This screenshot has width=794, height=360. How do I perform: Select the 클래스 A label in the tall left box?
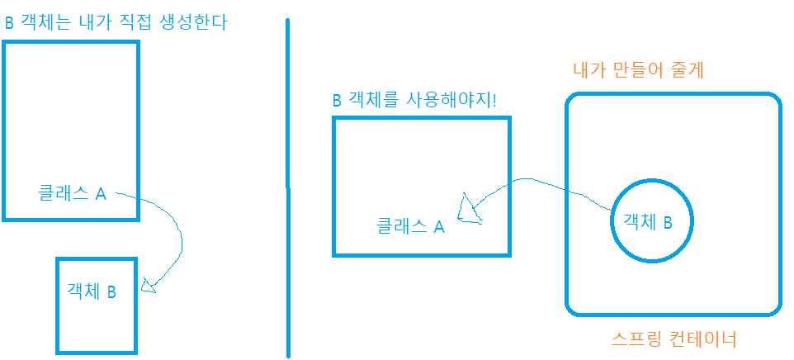pyautogui.click(x=73, y=194)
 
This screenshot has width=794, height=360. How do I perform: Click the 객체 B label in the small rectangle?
pyautogui.click(x=91, y=291)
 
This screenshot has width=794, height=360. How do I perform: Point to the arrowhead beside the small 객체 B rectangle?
pyautogui.click(x=149, y=287)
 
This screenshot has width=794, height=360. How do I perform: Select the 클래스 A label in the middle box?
pyautogui.click(x=410, y=225)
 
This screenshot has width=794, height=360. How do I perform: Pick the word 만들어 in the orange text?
pyautogui.click(x=637, y=70)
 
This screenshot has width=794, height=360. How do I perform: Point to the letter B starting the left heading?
pyautogui.click(x=9, y=23)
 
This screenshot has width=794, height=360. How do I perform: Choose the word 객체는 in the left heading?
pyautogui.click(x=40, y=22)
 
